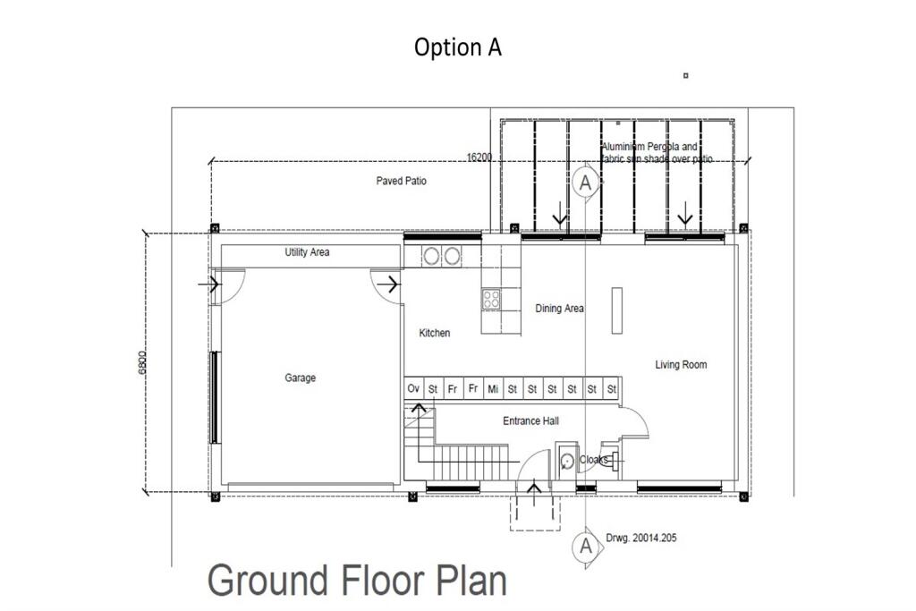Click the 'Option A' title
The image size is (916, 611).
(457, 47)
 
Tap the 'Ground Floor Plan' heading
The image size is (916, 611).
(357, 580)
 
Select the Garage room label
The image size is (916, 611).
(300, 378)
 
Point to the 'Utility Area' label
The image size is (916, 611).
(307, 253)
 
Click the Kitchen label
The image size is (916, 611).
(435, 334)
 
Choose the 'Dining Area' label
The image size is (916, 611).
(559, 309)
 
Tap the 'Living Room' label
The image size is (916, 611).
(681, 365)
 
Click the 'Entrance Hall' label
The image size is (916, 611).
(531, 421)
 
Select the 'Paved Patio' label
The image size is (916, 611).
(401, 182)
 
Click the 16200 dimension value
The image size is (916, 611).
(479, 157)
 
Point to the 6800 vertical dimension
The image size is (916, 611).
(142, 361)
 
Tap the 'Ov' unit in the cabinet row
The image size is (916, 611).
(413, 389)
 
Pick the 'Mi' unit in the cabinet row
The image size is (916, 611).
(493, 389)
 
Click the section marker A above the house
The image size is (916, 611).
(585, 182)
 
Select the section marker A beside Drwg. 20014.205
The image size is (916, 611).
(585, 545)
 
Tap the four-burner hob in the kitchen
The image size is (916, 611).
(491, 300)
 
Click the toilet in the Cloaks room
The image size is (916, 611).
(566, 462)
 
